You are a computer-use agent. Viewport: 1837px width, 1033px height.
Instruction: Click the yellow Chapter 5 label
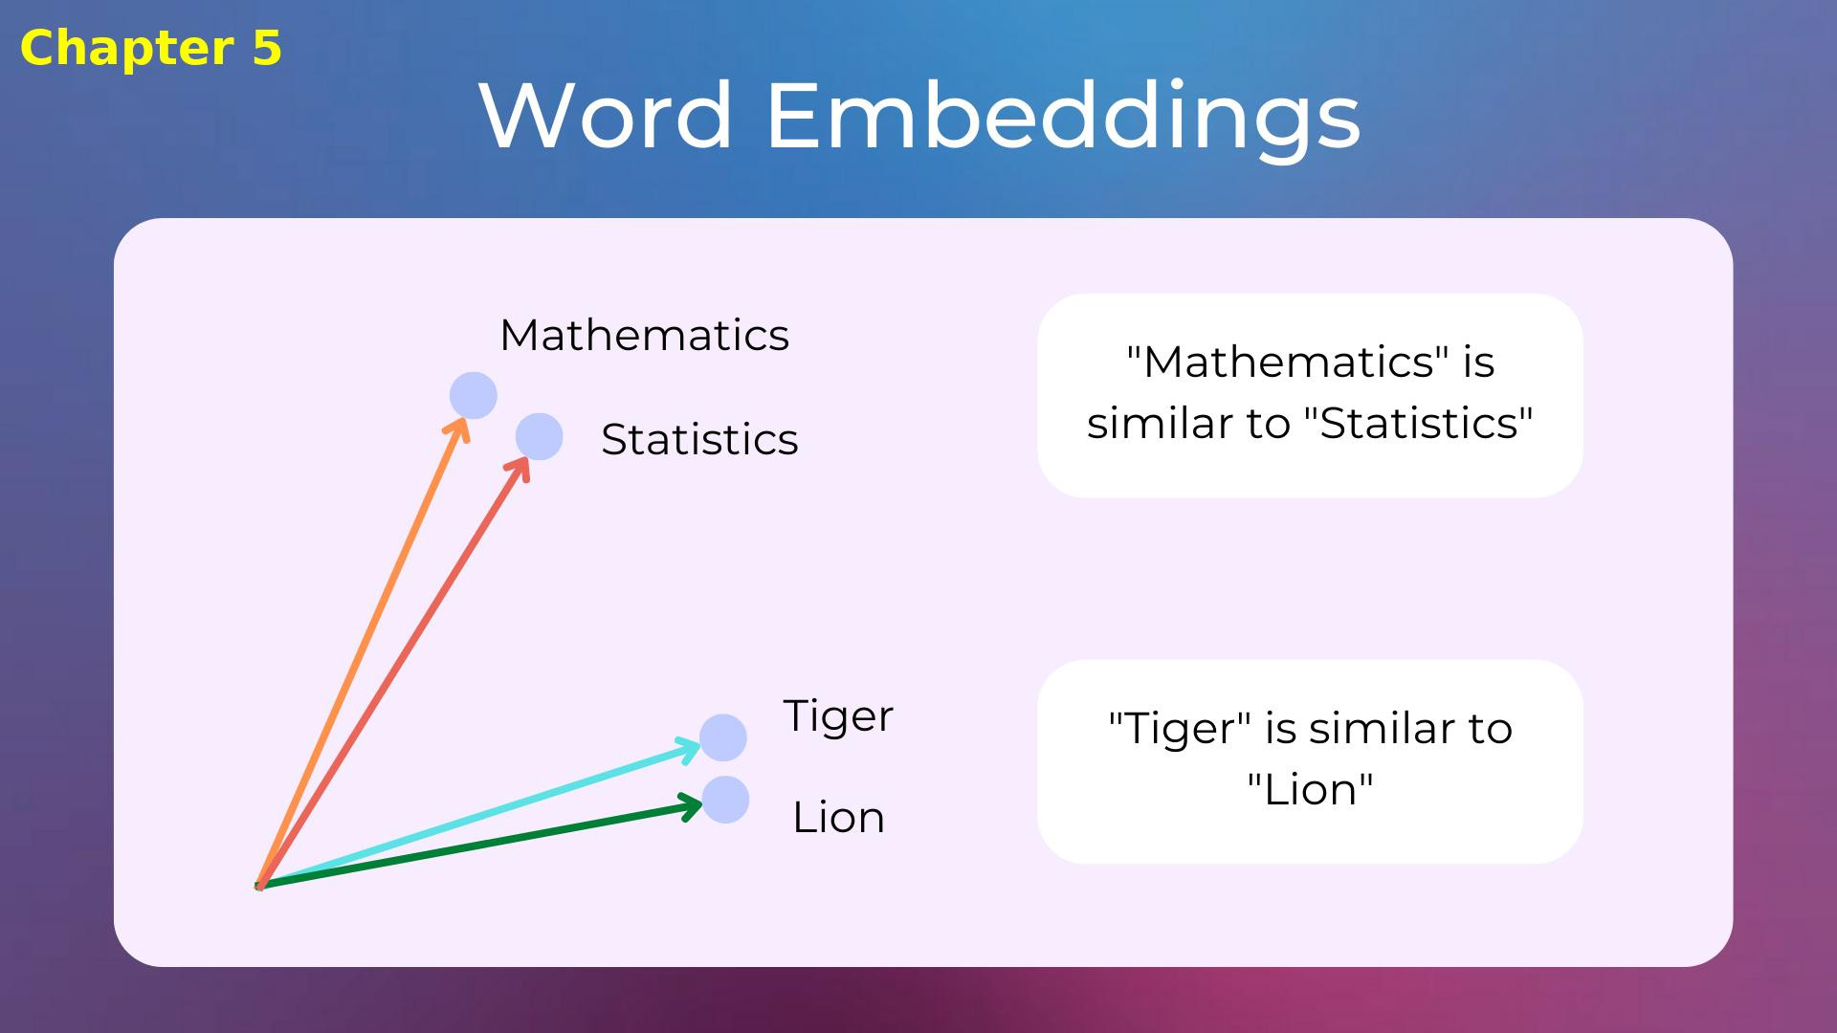point(151,48)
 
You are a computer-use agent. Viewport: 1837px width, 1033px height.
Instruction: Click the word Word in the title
point(607,116)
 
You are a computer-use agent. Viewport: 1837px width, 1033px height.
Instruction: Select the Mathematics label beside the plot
point(644,336)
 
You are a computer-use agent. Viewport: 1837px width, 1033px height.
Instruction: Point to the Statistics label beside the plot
point(699,440)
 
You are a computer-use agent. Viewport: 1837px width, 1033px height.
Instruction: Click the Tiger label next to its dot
point(838,716)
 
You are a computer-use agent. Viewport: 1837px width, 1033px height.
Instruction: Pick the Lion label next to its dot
point(838,818)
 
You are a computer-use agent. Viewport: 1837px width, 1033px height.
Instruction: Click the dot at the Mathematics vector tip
point(474,395)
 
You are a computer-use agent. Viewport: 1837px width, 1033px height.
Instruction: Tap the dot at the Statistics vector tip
point(540,437)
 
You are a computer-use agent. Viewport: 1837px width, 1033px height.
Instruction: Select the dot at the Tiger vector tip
point(723,737)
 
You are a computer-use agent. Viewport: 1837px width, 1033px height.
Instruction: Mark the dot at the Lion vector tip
point(725,800)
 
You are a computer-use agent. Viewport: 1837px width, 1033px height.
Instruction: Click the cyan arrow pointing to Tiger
point(478,814)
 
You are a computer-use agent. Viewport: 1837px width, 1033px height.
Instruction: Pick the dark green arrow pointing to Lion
point(478,846)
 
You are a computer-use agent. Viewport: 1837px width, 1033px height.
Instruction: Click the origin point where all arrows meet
point(259,887)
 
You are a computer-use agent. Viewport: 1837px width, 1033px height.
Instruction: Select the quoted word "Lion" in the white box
point(1310,790)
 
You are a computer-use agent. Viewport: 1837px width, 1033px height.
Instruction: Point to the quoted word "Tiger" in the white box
point(1180,729)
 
